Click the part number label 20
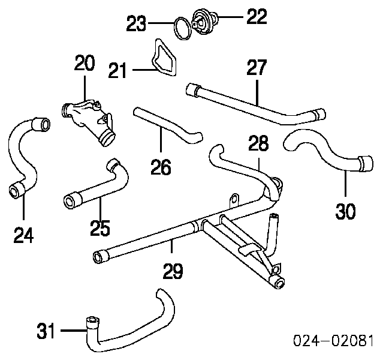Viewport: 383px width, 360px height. point(85,63)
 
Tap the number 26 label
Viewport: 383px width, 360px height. point(161,166)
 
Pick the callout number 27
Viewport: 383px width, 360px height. point(257,68)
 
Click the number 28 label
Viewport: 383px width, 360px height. point(259,143)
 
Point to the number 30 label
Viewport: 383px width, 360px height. point(346,211)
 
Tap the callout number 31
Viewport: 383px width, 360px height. point(47,329)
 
